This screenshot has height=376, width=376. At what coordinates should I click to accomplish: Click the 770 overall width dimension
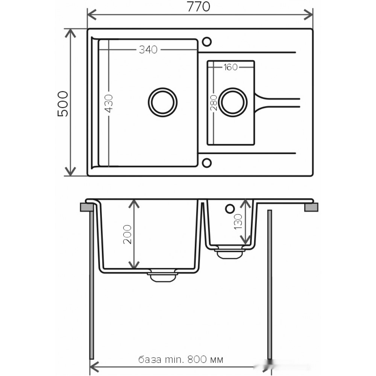[x=198, y=6]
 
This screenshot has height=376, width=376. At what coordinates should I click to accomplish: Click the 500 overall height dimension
[x=63, y=104]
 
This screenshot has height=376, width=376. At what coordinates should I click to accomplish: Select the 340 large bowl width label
[x=148, y=50]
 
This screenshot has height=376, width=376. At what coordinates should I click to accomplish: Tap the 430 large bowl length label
[x=109, y=103]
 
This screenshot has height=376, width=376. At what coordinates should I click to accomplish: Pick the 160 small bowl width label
[x=230, y=67]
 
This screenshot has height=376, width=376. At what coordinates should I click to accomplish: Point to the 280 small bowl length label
[x=213, y=103]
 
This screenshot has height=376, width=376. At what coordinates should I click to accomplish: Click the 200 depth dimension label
[x=127, y=234]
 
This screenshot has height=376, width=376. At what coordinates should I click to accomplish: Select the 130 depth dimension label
[x=238, y=221]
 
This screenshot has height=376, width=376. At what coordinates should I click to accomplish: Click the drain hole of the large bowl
[x=162, y=102]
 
